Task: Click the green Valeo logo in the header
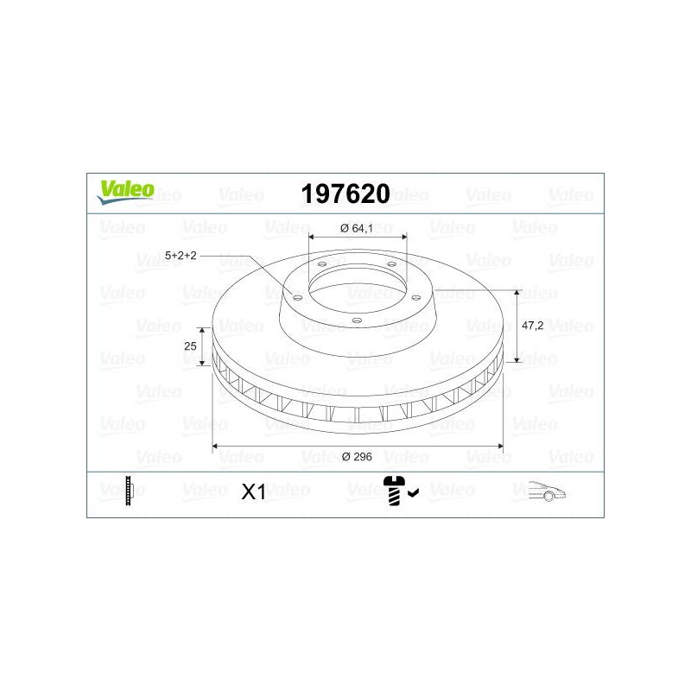pos(125,192)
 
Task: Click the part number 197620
pos(345,193)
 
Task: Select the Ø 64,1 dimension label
pos(357,228)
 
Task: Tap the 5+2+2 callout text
pos(181,256)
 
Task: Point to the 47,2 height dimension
pos(532,326)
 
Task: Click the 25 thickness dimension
pos(190,346)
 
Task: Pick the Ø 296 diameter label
pos(357,457)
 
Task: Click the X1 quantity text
pos(253,492)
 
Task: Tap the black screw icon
pos(394,491)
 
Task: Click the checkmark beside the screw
pos(414,493)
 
